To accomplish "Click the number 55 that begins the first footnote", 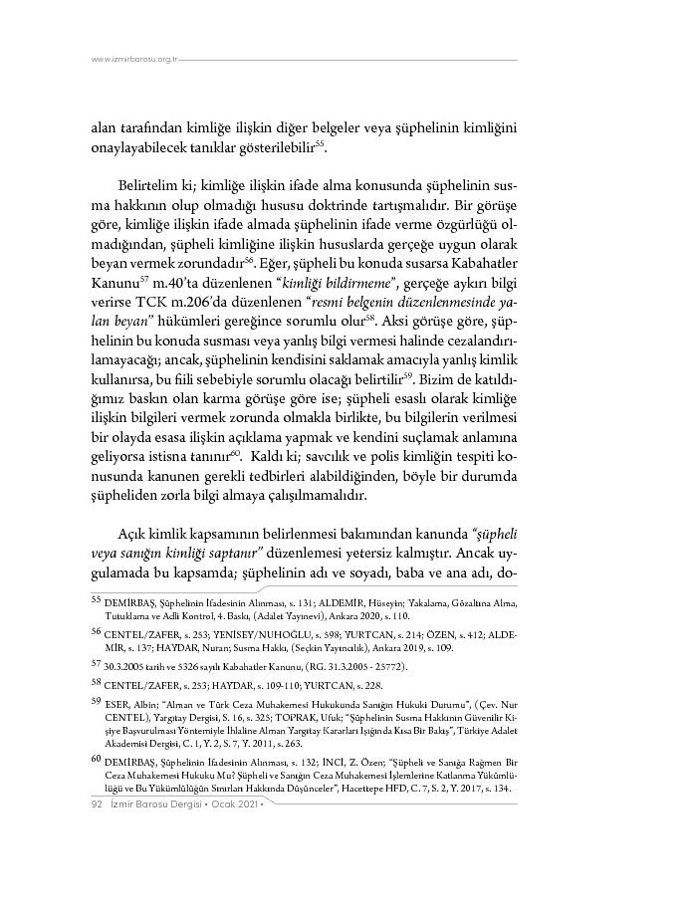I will (97, 600).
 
